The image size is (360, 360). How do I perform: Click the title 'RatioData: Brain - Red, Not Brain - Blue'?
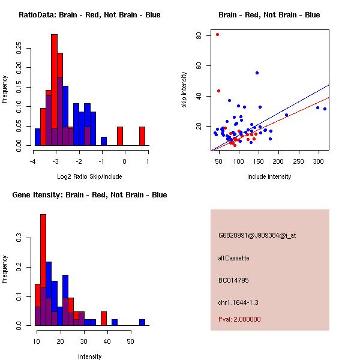89,15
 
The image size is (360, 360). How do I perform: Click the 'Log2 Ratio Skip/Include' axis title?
89,176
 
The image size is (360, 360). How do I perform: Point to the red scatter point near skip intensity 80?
217,35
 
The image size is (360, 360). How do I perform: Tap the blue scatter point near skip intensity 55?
257,73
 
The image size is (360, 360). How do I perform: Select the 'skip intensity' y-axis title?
184,90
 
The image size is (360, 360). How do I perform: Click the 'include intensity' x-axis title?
269,176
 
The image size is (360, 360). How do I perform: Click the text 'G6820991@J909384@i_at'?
257,235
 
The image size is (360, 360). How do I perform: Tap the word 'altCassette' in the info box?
233,258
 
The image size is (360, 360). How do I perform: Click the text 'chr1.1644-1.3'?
238,302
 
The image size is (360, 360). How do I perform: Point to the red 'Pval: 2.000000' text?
239,319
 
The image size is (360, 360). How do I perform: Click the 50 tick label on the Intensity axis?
130,341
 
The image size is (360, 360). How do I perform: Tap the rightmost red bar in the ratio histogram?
142,136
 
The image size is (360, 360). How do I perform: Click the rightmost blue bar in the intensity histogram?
143,322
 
